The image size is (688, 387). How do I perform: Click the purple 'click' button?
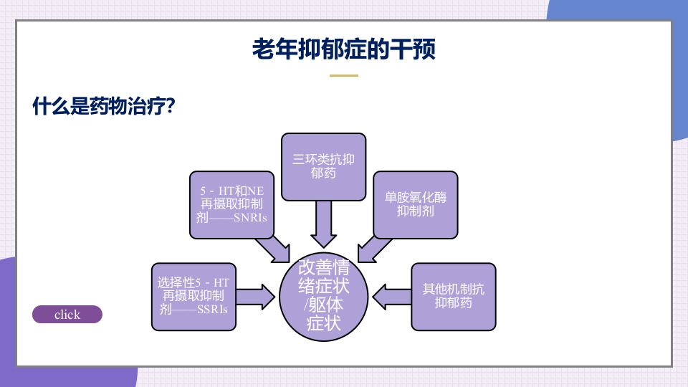click(x=67, y=315)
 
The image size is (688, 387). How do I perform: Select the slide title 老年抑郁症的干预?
click(x=343, y=49)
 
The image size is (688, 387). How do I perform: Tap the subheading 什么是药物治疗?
click(x=105, y=107)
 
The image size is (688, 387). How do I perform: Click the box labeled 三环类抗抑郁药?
click(x=323, y=166)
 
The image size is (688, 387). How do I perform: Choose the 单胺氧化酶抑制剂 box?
click(x=415, y=204)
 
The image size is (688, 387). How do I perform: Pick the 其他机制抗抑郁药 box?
click(x=453, y=296)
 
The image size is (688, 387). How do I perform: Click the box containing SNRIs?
click(x=231, y=204)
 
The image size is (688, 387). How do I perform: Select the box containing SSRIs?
click(x=193, y=297)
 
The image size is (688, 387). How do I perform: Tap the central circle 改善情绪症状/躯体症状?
click(x=323, y=296)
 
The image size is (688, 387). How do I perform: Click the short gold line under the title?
click(x=343, y=75)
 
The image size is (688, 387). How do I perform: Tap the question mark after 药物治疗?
click(x=171, y=107)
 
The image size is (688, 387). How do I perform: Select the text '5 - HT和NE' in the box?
click(x=231, y=191)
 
